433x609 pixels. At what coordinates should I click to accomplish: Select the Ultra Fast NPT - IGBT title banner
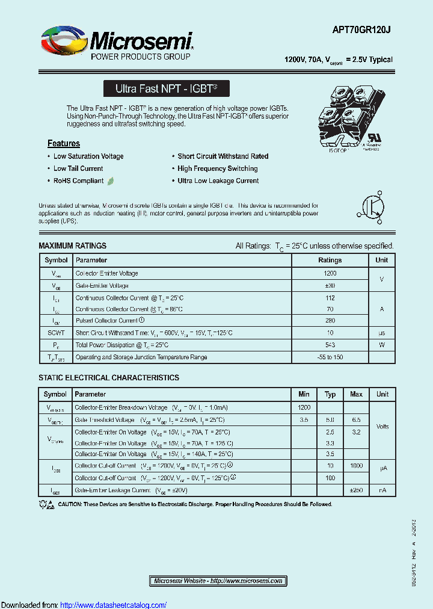coord(166,88)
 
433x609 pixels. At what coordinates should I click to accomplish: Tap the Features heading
coord(64,143)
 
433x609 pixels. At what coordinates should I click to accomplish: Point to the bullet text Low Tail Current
coord(78,168)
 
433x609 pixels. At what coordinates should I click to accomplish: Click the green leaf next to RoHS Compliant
coord(111,181)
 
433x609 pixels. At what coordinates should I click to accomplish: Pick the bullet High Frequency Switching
coord(218,168)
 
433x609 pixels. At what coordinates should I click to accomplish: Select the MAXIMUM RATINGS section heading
coord(72,246)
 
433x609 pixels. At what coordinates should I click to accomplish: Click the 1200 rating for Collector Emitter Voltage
coord(330,273)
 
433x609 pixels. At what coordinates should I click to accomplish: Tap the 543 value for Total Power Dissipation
coord(330,345)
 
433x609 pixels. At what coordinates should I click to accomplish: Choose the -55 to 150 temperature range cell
coord(330,357)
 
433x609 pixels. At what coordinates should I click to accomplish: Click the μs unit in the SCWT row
coord(381,333)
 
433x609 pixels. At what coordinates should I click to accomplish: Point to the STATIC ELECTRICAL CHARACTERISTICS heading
coord(109,378)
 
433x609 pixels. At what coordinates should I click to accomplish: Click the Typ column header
coord(330,394)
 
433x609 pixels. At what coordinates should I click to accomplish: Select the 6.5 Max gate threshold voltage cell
coord(356,419)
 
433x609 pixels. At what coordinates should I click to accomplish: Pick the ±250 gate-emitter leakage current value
coord(356,490)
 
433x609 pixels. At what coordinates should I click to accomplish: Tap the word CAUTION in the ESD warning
coord(70,504)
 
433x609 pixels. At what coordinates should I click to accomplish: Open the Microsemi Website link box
coord(218,581)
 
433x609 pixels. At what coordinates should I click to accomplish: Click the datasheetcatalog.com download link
coord(114,605)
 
